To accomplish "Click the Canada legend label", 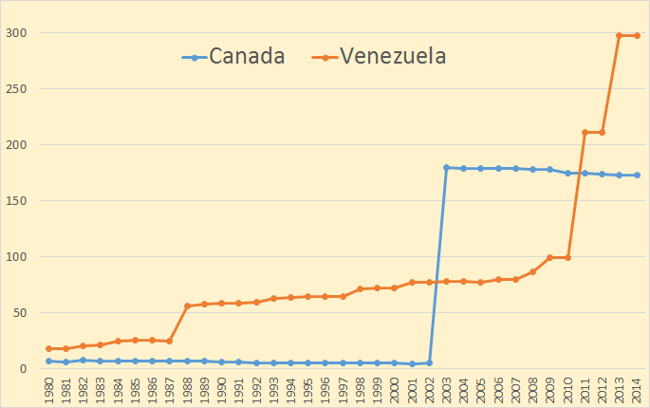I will [247, 56].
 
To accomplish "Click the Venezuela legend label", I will [393, 56].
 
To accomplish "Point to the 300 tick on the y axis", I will [18, 33].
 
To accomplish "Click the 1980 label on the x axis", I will [48, 390].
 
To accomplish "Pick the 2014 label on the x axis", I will [637, 390].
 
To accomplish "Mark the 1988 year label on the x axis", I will [187, 390].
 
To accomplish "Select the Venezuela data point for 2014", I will [637, 36].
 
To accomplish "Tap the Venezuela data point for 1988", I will [187, 306].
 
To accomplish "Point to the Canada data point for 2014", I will [637, 175].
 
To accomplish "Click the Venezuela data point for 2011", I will [585, 132].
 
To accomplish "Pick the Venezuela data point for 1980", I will [48, 348].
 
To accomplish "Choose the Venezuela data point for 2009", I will [550, 257].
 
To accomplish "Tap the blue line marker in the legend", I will [194, 57].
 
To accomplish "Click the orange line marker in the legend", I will [325, 57].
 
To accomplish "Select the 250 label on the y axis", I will [18, 89].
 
